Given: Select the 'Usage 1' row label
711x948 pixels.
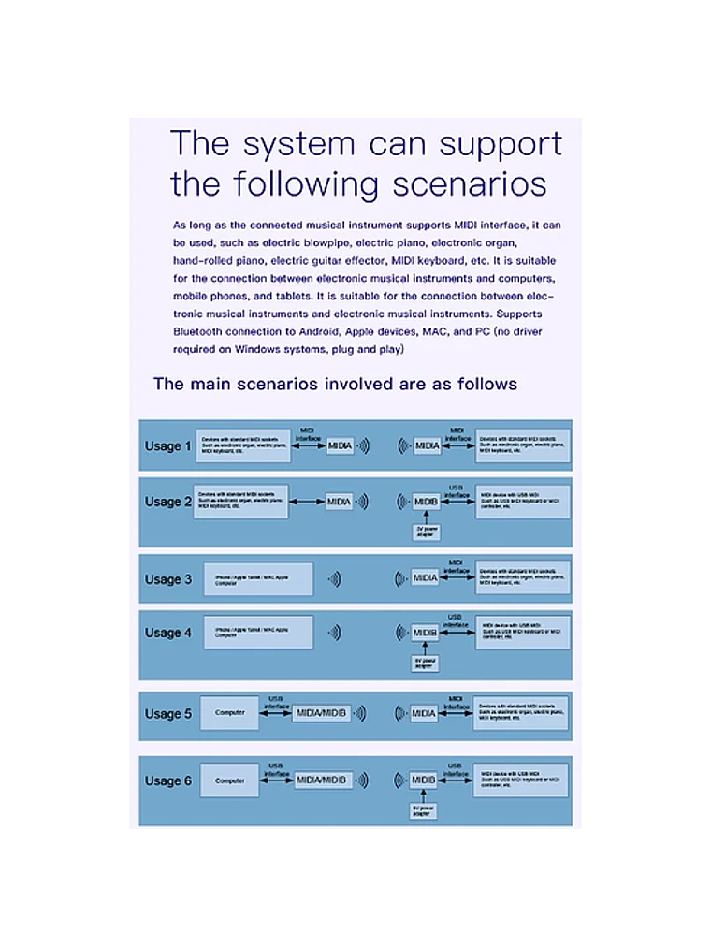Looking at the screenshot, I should pos(167,446).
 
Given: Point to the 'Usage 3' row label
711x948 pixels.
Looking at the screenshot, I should pos(167,579).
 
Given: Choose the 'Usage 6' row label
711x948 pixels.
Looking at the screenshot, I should pos(167,780).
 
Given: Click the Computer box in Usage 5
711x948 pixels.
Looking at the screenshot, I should pos(229,713).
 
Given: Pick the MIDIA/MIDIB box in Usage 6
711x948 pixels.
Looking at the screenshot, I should pos(323,780).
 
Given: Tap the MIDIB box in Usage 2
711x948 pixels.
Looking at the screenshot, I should pos(426,502).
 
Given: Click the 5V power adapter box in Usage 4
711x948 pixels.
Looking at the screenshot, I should pos(425,664).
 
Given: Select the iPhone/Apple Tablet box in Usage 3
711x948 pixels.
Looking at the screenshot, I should pos(251,579).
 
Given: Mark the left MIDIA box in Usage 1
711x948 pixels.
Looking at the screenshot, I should pos(340,446).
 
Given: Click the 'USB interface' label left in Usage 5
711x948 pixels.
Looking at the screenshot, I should pos(276,702).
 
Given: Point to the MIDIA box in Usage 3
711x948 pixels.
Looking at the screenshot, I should pos(426,578).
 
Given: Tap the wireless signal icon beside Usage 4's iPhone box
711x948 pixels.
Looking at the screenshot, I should pos(335,633).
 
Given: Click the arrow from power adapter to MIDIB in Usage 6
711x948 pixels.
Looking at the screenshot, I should pos(424,795).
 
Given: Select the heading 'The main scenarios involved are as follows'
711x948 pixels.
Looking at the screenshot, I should pos(335,384).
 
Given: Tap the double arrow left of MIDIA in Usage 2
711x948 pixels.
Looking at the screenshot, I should pos(306,502).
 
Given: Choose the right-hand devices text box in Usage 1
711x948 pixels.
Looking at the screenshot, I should pos(522,445).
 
